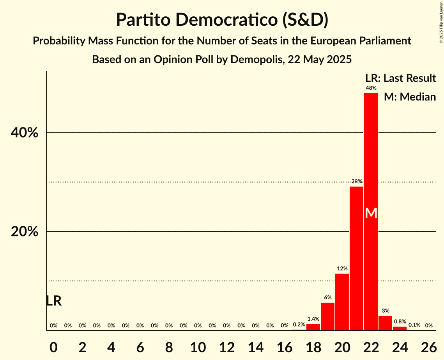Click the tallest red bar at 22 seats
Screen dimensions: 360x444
(371, 156)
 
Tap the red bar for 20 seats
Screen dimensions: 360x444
(342, 302)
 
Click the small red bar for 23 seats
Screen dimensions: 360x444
(385, 323)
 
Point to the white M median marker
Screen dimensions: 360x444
(371, 213)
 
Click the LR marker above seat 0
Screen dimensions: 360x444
(53, 301)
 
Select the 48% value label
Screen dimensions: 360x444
(371, 88)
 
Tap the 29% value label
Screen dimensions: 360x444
(356, 182)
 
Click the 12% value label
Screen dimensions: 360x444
(342, 269)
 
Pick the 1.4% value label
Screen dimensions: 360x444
(313, 319)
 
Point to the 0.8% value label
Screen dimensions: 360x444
(400, 322)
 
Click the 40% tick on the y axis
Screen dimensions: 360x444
(25, 133)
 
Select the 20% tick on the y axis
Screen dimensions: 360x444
(25, 232)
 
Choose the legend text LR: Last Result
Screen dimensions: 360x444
(400, 78)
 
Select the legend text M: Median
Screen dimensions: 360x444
(410, 97)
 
